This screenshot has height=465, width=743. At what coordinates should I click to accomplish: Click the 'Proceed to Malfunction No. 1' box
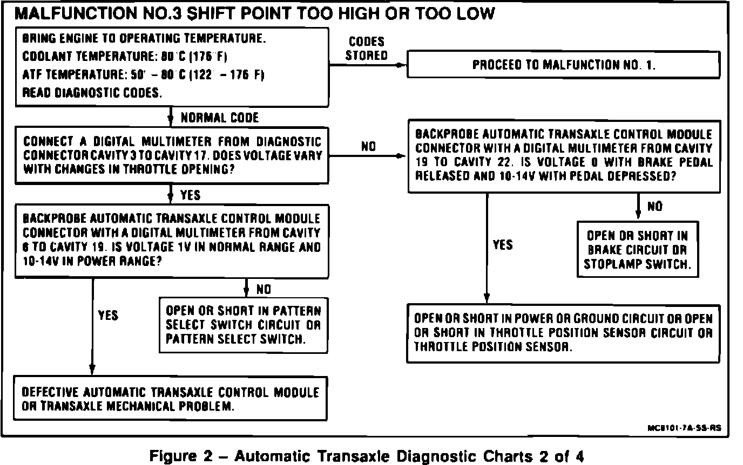(563, 65)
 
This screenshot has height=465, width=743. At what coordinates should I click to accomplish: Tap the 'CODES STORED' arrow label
(367, 49)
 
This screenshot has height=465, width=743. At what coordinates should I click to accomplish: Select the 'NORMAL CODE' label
(219, 118)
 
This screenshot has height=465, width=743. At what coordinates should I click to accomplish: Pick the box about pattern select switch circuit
(243, 325)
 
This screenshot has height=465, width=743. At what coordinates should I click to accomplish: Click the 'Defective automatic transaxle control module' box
(171, 399)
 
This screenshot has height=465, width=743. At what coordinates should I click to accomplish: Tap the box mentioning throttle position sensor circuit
(563, 333)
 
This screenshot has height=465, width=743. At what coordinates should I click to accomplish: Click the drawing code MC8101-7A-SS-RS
(684, 428)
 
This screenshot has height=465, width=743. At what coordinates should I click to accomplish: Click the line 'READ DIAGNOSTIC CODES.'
(92, 92)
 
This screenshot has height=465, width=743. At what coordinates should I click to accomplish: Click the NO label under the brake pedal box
(654, 207)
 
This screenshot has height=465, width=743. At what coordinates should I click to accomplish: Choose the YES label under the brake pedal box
(502, 245)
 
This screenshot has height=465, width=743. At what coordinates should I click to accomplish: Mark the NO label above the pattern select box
(264, 290)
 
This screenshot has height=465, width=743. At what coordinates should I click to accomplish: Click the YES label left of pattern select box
(108, 314)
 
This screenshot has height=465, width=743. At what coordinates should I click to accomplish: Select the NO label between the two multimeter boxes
(369, 146)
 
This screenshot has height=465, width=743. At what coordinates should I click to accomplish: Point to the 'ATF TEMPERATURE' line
(143, 74)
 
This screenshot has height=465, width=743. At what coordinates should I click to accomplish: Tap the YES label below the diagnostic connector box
(190, 194)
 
